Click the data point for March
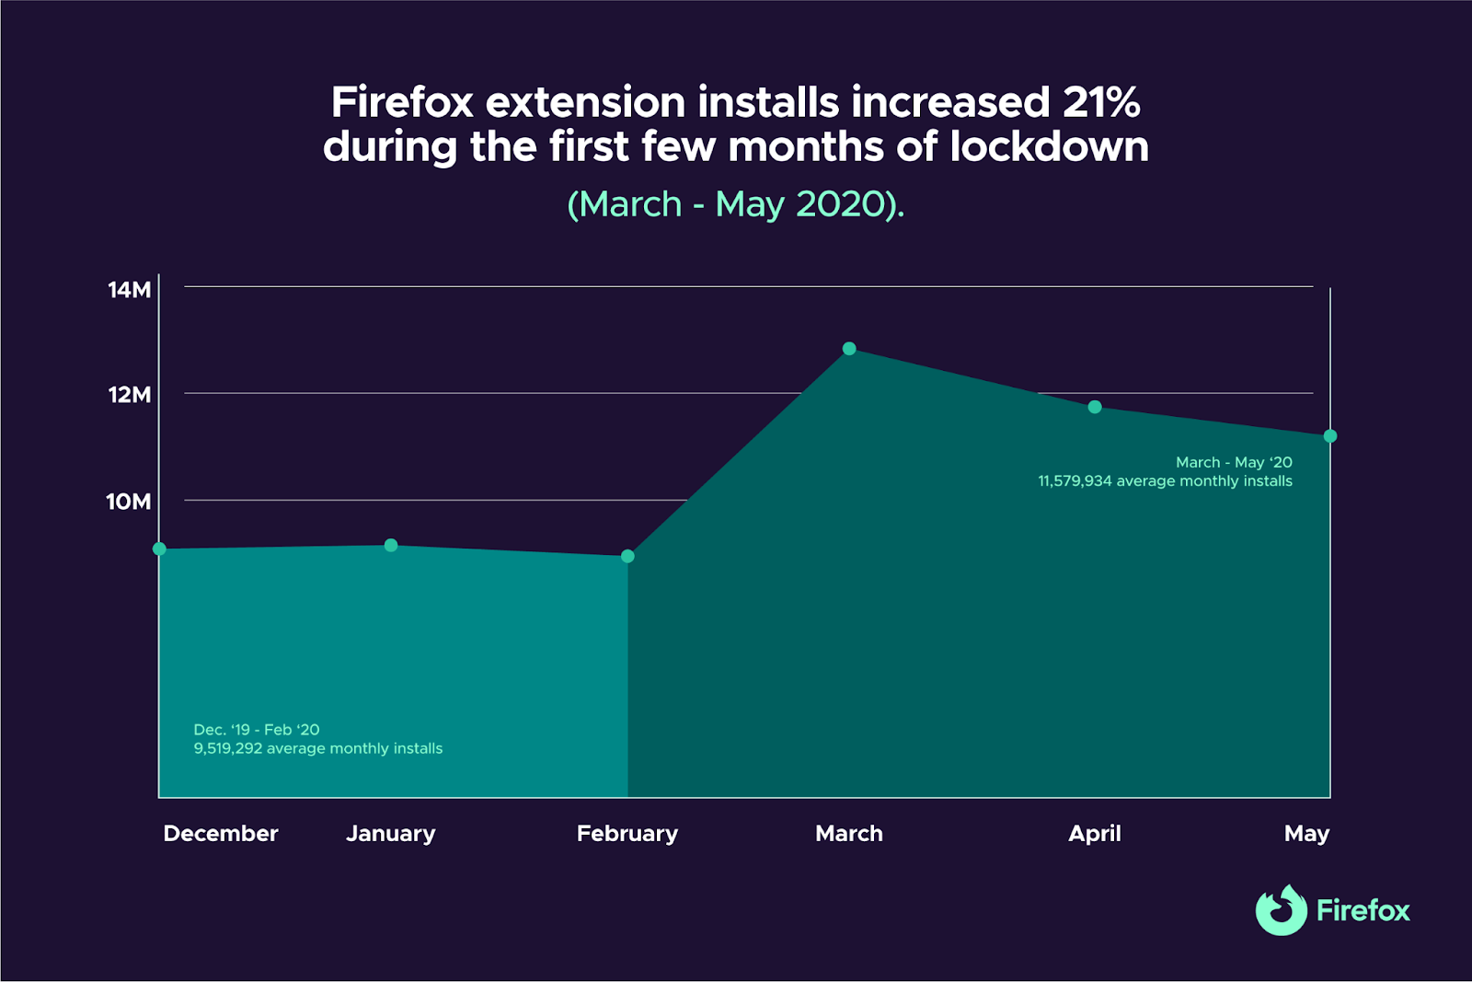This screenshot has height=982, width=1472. coord(849,349)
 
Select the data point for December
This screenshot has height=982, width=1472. coord(159,549)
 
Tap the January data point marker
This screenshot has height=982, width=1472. coord(391,546)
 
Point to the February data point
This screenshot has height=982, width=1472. coord(627,557)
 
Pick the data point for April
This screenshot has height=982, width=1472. coord(1095,407)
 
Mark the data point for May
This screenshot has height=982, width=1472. coord(1330,436)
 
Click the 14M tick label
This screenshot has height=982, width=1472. coord(130,290)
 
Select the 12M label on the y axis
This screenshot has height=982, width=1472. coord(130,395)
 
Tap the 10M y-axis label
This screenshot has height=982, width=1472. coord(129,502)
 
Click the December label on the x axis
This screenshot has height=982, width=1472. coord(221,834)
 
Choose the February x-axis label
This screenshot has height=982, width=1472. coord(627,834)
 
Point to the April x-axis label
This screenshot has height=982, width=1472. coord(1095,834)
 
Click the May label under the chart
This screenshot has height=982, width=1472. coord(1306,834)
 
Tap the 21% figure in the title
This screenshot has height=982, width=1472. coord(1101,102)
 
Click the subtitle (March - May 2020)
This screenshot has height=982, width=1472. coord(736,204)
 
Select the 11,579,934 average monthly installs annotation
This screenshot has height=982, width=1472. coord(1165,481)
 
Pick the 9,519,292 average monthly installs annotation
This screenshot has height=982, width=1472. coord(318,748)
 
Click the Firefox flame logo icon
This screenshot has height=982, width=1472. coord(1282,910)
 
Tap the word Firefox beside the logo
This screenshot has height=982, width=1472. coord(1363,911)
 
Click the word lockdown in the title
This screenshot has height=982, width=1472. coord(1049,147)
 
